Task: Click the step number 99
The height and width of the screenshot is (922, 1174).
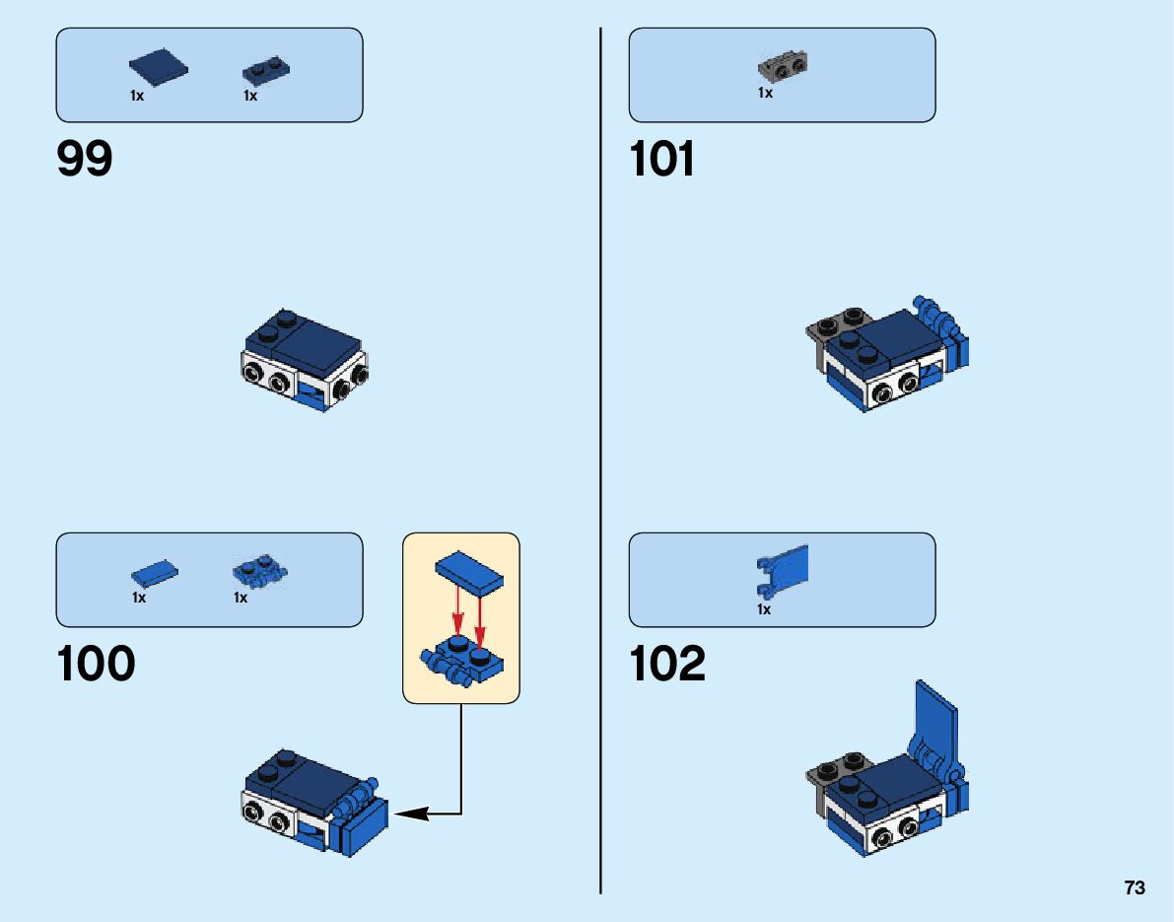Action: pyautogui.click(x=85, y=159)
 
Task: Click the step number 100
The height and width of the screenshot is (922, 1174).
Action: pyautogui.click(x=96, y=664)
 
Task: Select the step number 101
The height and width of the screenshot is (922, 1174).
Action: pyautogui.click(x=661, y=159)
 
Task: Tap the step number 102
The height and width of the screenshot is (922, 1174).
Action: pyautogui.click(x=667, y=664)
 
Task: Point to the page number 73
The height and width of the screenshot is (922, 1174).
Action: pyautogui.click(x=1135, y=887)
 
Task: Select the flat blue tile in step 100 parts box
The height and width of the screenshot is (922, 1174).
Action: pyautogui.click(x=155, y=575)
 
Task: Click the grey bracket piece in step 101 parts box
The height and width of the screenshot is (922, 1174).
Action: pyautogui.click(x=782, y=67)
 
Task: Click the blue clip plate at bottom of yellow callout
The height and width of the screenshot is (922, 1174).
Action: pyautogui.click(x=463, y=664)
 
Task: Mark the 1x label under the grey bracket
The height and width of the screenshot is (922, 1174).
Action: pyautogui.click(x=765, y=94)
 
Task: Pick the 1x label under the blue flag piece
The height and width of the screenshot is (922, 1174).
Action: pyautogui.click(x=764, y=609)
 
